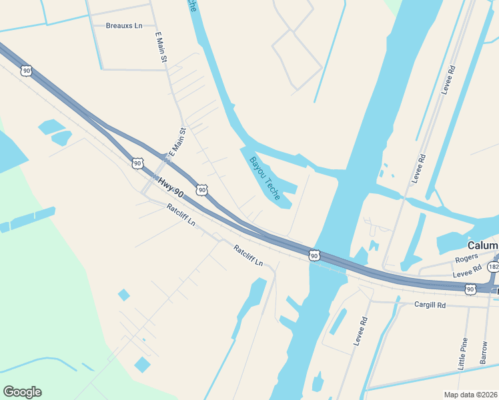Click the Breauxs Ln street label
tap(124, 26)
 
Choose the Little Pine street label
tap(463, 354)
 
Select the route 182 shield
tap(493, 267)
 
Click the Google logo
tap(22, 392)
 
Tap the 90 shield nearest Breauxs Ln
tap(26, 70)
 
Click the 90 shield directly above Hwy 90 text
tap(137, 163)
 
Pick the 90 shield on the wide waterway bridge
tap(314, 255)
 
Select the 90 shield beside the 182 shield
tap(470, 289)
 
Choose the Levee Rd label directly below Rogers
tap(467, 271)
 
